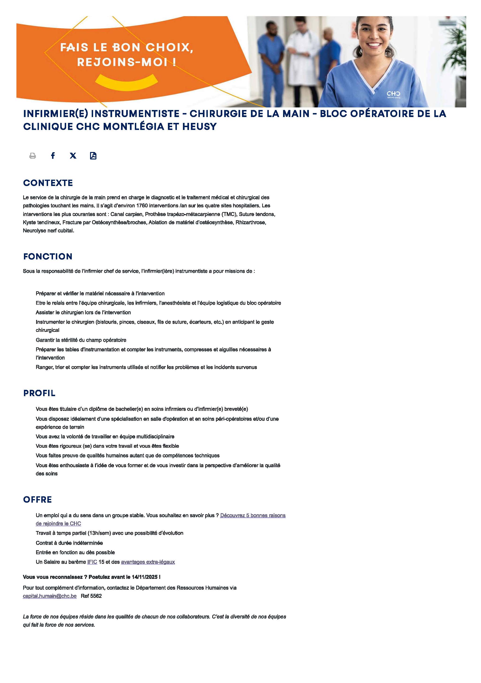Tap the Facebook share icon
(53, 155)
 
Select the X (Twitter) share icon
(73, 155)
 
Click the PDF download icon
(93, 156)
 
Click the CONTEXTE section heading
(48, 183)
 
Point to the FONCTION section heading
(48, 256)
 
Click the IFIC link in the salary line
(92, 562)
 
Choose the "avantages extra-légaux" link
(148, 562)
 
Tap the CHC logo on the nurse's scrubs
(393, 94)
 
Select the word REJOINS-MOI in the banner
(122, 62)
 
